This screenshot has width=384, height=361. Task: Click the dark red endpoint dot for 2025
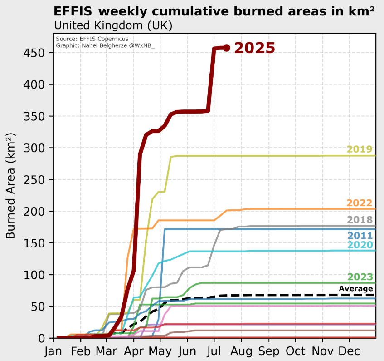point(227,48)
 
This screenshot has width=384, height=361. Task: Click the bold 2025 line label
point(254,48)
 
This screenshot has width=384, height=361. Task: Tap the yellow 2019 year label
point(360,149)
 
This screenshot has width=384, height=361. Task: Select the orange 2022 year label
point(360,203)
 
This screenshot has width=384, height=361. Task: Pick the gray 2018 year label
point(360,220)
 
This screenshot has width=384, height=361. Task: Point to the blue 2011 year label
point(360,236)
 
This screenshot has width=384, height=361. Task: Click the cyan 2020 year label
point(360,245)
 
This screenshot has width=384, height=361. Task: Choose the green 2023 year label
point(360,277)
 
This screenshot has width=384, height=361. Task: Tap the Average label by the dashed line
point(356,289)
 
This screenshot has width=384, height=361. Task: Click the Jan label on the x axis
point(54,351)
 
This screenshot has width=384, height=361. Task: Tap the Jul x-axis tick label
point(214,351)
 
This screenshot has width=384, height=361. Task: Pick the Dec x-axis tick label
point(350,351)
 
